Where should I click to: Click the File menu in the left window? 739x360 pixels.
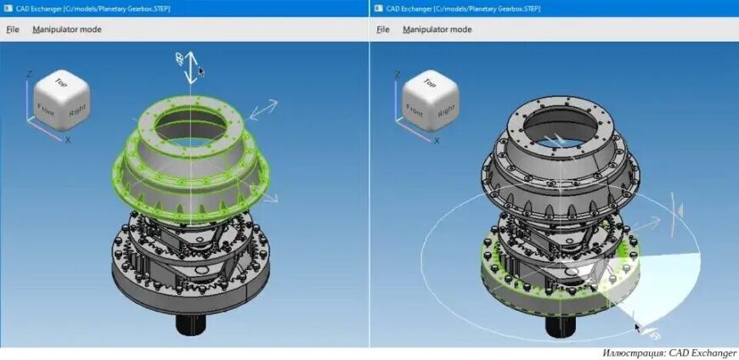pyautogui.click(x=13, y=30)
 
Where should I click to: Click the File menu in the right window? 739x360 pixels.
pyautogui.click(x=383, y=30)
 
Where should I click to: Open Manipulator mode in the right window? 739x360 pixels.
pyautogui.click(x=437, y=30)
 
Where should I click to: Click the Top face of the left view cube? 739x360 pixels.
pyautogui.click(x=60, y=83)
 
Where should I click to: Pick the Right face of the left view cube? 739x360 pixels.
pyautogui.click(x=77, y=109)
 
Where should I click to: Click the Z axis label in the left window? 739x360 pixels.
pyautogui.click(x=30, y=75)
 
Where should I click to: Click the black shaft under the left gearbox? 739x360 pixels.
pyautogui.click(x=193, y=327)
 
